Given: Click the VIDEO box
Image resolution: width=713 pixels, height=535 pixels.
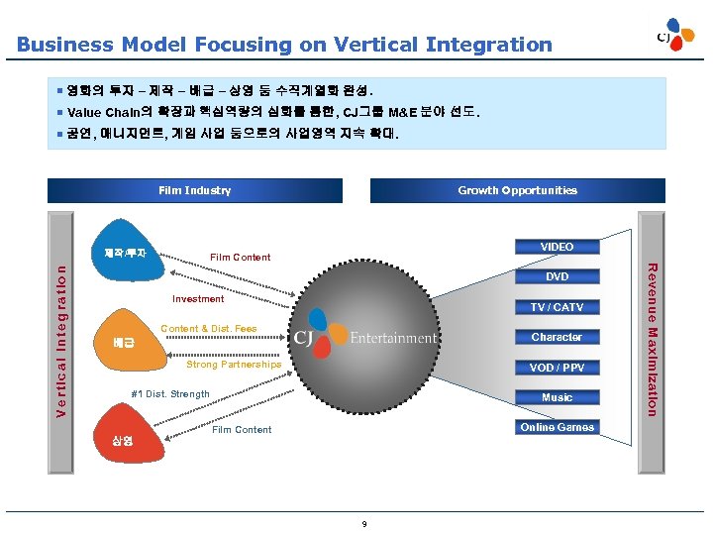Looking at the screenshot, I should pyautogui.click(x=557, y=247).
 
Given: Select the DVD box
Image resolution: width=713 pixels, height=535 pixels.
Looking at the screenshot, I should pyautogui.click(x=557, y=277).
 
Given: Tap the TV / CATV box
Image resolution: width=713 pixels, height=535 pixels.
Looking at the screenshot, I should pyautogui.click(x=557, y=307).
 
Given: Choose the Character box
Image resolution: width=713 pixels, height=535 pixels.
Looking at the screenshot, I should pyautogui.click(x=557, y=337).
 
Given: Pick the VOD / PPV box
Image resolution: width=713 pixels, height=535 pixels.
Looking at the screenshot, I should pyautogui.click(x=557, y=368).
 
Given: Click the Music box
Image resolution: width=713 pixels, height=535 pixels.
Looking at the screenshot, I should pyautogui.click(x=557, y=397).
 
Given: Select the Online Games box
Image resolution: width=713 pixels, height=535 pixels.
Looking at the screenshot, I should pyautogui.click(x=557, y=427).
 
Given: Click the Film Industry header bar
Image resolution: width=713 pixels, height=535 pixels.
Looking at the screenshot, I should pyautogui.click(x=195, y=190).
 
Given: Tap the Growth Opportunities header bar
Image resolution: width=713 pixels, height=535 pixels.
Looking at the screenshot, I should pyautogui.click(x=517, y=190).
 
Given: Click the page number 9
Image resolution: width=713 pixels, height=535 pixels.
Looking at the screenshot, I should pyautogui.click(x=364, y=523).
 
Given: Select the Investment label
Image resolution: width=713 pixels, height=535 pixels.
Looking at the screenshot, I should pyautogui.click(x=198, y=298).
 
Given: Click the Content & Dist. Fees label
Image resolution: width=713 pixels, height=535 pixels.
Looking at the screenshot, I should pyautogui.click(x=208, y=329).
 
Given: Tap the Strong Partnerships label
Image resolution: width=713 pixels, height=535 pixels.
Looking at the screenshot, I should pyautogui.click(x=234, y=365).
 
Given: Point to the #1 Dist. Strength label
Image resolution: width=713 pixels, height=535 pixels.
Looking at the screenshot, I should pyautogui.click(x=170, y=394).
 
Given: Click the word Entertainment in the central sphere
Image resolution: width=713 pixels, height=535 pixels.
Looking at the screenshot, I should pyautogui.click(x=393, y=338).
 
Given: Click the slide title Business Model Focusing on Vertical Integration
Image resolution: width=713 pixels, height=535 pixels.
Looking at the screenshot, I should pyautogui.click(x=284, y=45).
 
